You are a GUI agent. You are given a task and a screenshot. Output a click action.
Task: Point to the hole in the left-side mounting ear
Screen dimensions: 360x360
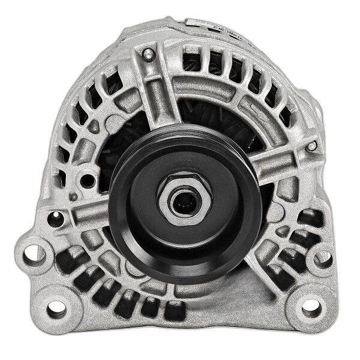34,253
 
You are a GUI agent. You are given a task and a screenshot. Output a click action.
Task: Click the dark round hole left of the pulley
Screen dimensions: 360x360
89,179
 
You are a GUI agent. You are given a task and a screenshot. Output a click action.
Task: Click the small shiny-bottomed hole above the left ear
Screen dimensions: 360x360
55,219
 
